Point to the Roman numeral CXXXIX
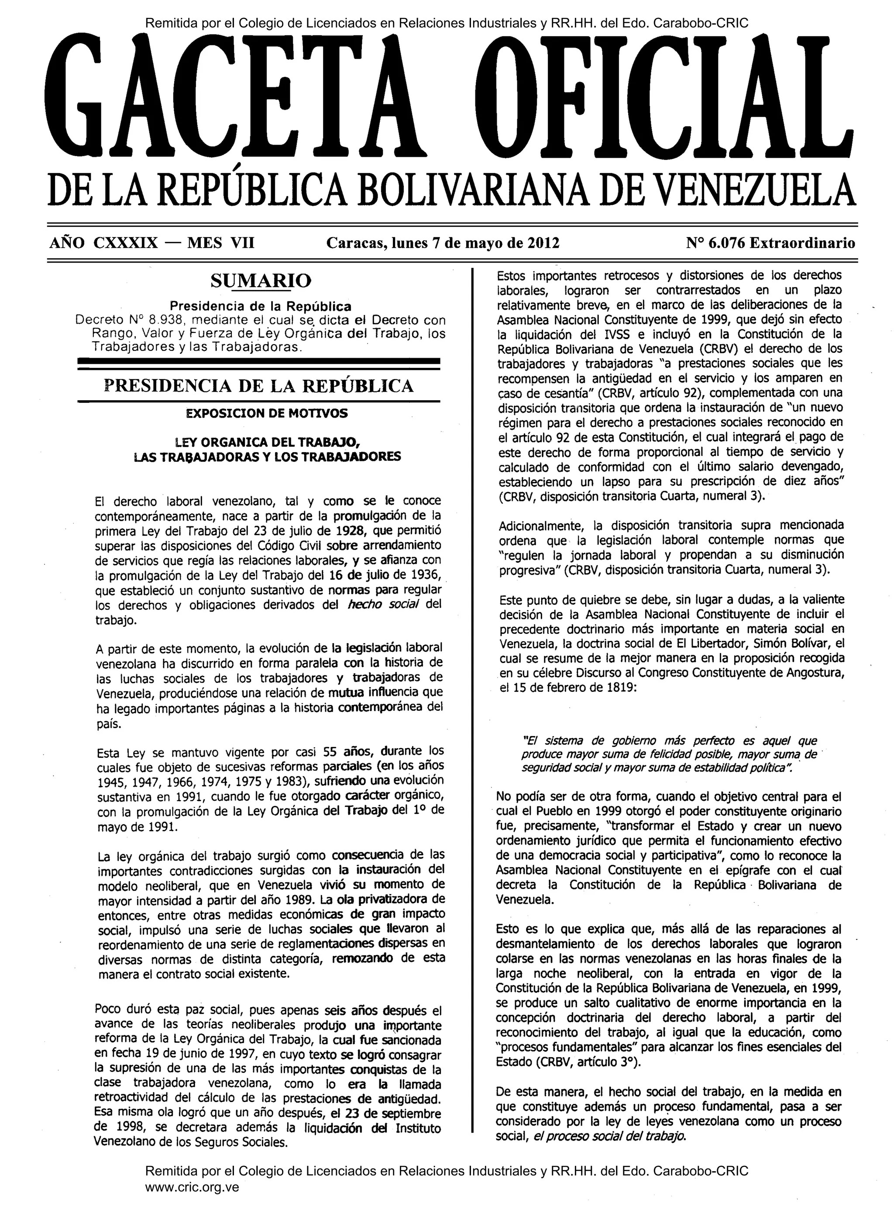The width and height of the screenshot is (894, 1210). tap(126, 243)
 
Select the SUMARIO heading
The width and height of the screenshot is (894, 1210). tap(261, 281)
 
